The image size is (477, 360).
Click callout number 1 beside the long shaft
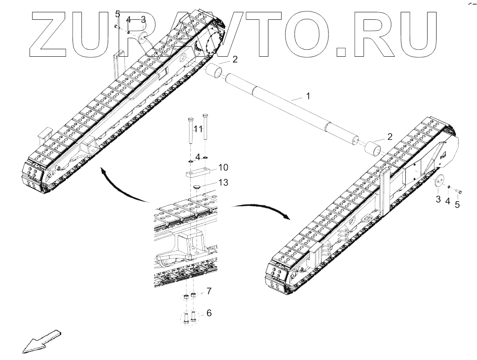coord(308,95)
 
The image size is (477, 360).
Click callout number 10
coord(223,167)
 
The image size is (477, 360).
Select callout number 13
coord(224,182)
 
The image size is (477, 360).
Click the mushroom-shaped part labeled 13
coord(197,188)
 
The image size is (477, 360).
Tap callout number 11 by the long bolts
coord(198,129)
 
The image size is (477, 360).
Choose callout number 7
coord(209,291)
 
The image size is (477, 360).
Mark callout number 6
coord(209,313)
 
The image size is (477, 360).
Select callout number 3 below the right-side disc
coord(438,200)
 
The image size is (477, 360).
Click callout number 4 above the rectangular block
coord(198,157)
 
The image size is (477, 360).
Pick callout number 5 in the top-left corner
coord(117,14)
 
